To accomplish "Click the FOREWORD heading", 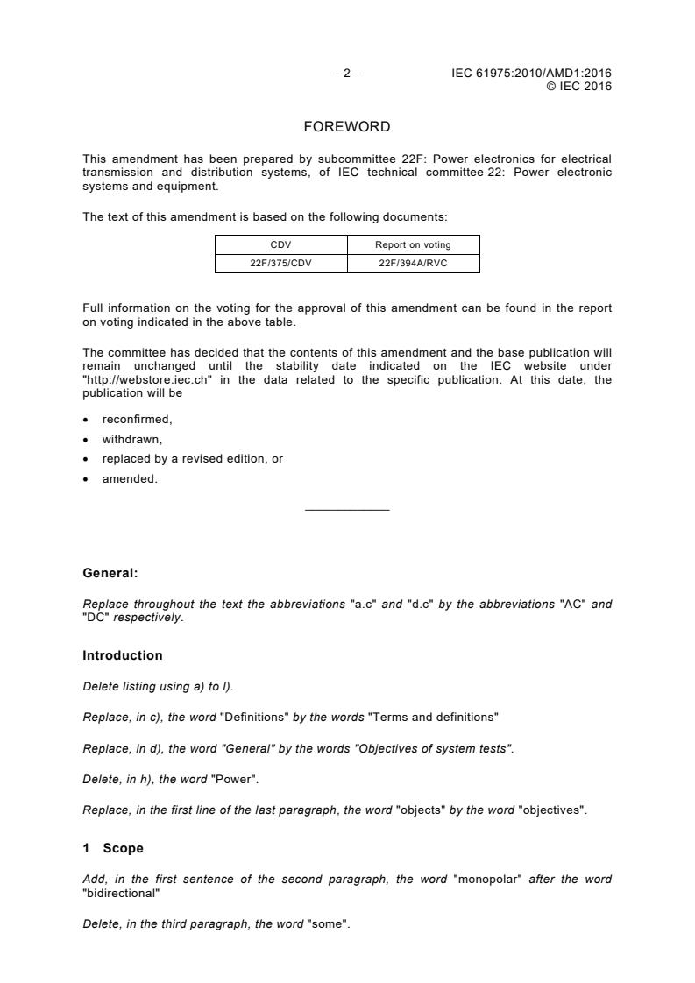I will click(346, 127).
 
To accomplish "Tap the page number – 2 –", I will click(347, 74).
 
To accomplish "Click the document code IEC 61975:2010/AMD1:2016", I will click(531, 74).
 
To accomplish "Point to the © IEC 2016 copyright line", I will click(578, 86).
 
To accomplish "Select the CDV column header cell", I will click(281, 244).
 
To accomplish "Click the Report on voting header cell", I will click(413, 244).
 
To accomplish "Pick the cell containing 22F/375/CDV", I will click(281, 263).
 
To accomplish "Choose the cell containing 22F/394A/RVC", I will click(413, 263).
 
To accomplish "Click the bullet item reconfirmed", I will click(137, 420).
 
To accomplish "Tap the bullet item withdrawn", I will click(132, 439).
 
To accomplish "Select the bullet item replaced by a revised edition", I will click(192, 459).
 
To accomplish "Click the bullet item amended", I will click(130, 479).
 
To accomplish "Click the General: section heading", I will click(110, 574).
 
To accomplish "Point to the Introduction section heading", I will click(123, 655).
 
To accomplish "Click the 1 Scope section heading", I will click(113, 848).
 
